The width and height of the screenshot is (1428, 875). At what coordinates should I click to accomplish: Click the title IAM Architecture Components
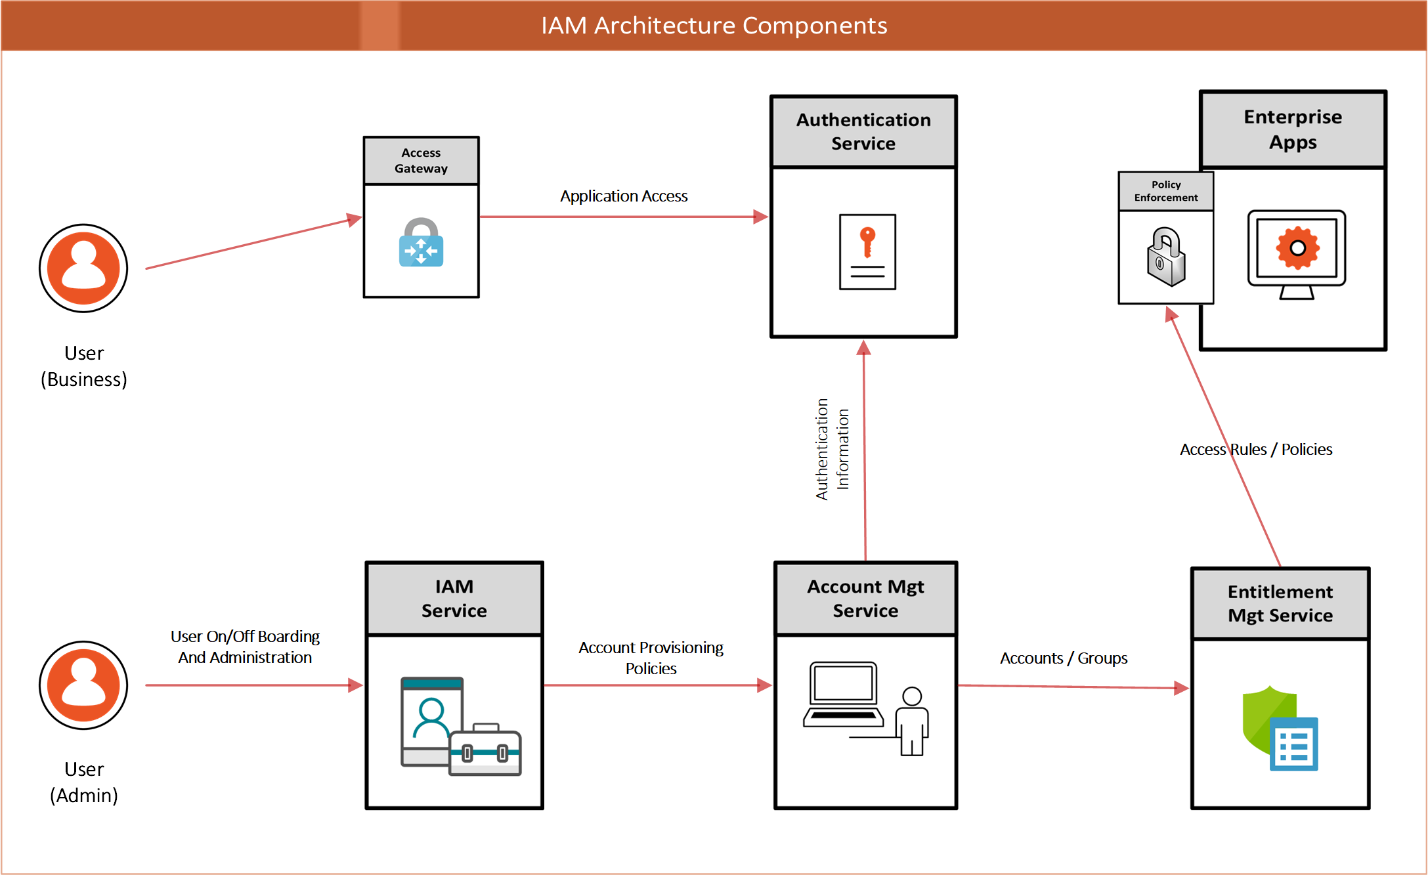(714, 26)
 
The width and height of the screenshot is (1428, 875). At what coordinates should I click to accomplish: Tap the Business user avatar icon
(83, 268)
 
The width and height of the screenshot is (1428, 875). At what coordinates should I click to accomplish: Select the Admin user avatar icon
(83, 685)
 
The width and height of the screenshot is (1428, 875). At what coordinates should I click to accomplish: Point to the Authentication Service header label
(863, 131)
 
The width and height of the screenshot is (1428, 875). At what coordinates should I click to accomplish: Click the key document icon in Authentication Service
(867, 251)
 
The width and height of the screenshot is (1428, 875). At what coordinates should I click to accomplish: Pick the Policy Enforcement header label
(1165, 191)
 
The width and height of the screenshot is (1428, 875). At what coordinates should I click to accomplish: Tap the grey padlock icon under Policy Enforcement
(1165, 257)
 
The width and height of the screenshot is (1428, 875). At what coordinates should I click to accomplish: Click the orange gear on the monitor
(1297, 248)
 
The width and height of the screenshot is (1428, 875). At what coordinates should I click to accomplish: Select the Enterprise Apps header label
(1292, 129)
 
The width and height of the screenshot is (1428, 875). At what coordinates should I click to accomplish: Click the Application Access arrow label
(624, 196)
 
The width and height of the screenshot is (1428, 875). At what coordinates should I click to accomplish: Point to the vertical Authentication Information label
(832, 449)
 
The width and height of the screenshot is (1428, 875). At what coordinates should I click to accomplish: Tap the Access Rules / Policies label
(1255, 450)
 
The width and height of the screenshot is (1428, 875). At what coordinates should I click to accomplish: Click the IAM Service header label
(454, 598)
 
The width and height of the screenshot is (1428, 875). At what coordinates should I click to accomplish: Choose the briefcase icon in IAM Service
(485, 750)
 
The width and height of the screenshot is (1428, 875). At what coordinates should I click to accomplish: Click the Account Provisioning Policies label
(651, 658)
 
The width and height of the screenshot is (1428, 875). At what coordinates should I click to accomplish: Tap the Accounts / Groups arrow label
(1063, 658)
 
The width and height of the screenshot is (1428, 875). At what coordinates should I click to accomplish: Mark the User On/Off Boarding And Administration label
(245, 647)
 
